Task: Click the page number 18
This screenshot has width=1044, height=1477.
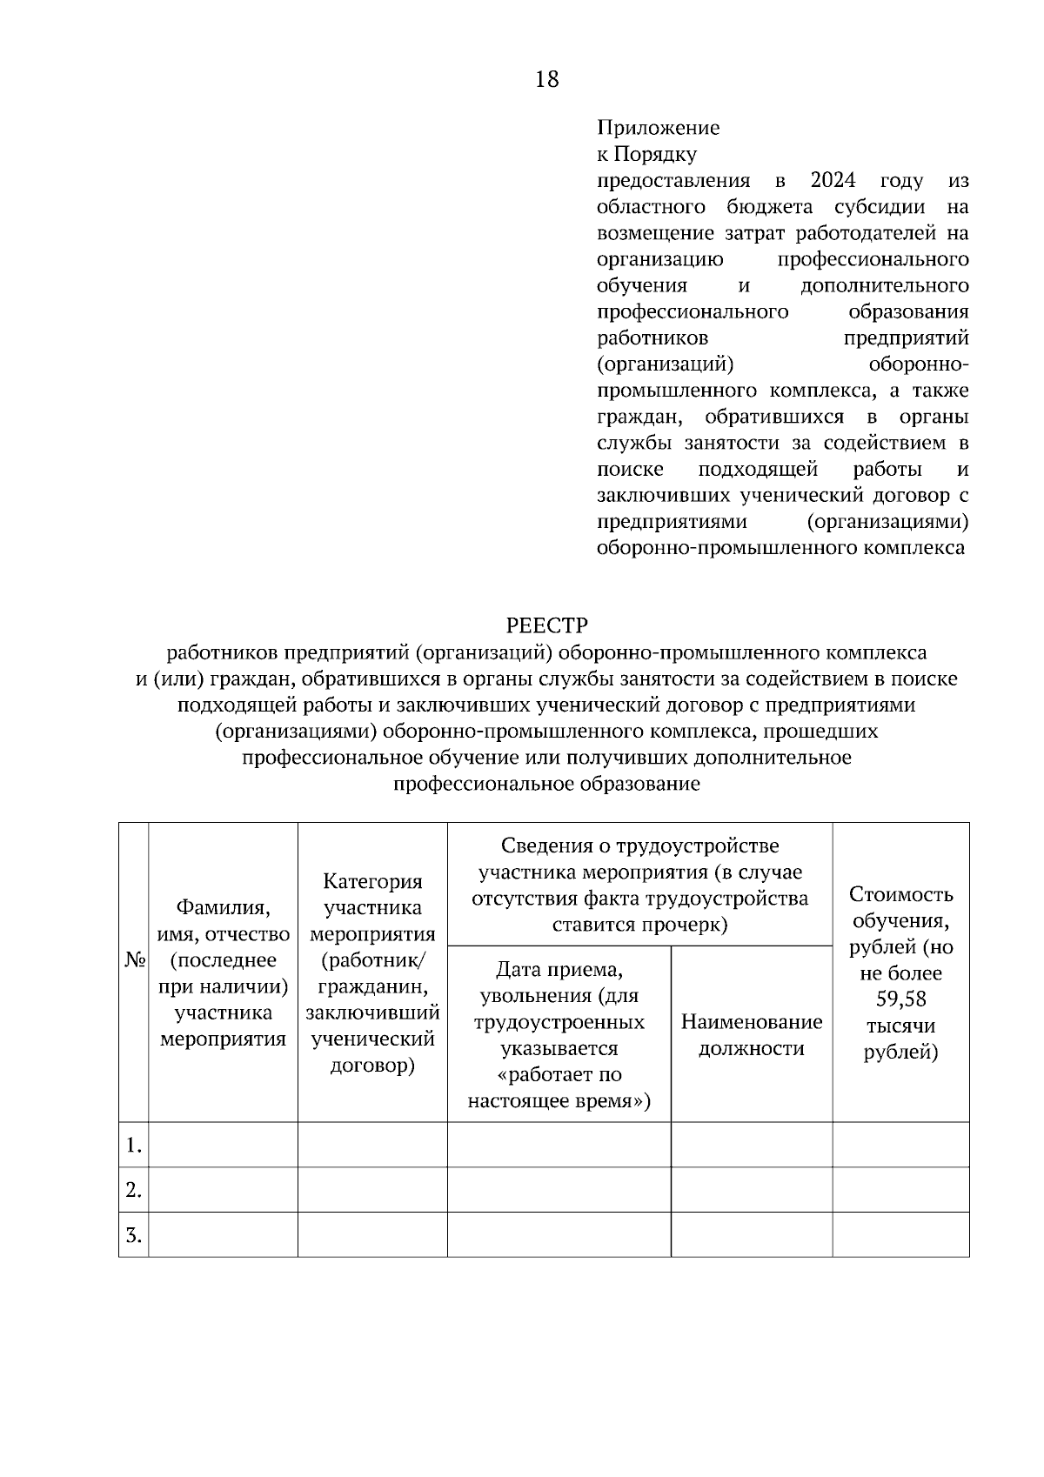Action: [x=547, y=80]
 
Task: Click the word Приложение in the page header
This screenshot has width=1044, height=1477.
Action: [x=658, y=128]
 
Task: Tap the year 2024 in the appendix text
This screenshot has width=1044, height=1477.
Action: [x=833, y=181]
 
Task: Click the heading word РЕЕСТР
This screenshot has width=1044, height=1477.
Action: [x=546, y=625]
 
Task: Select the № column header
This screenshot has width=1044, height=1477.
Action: [x=134, y=960]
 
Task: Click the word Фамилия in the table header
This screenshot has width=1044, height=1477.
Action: [x=223, y=908]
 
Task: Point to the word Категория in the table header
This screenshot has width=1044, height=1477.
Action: [x=372, y=882]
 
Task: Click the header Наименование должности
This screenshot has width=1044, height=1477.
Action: [x=752, y=1035]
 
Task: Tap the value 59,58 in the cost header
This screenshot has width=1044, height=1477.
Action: [x=900, y=999]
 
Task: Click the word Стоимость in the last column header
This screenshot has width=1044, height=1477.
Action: [x=900, y=895]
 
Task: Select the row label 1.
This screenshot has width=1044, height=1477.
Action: [x=133, y=1146]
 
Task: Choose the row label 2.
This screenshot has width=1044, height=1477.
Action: [x=133, y=1190]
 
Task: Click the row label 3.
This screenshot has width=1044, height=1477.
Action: [x=133, y=1235]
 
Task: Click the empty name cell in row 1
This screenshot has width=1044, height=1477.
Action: [x=223, y=1145]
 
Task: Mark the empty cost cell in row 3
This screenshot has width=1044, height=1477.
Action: [x=900, y=1235]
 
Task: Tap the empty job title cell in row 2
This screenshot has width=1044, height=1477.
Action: [x=752, y=1190]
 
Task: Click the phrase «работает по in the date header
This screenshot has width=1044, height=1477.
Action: [x=559, y=1074]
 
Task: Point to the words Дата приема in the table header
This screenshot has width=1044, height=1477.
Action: [x=559, y=970]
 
